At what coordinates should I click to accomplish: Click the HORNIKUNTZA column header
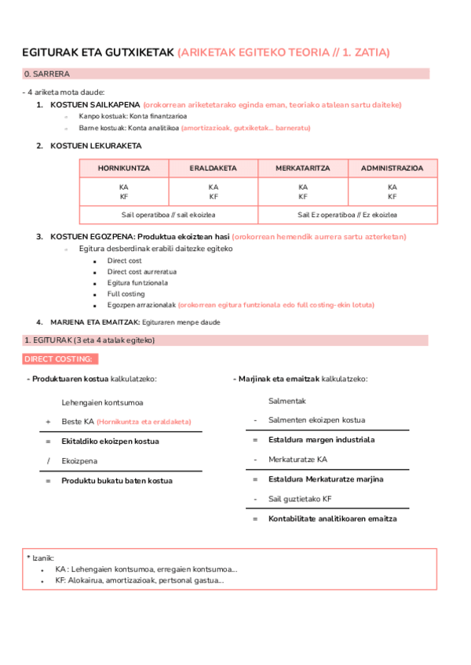point(124,169)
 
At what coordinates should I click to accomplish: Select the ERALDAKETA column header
point(214,169)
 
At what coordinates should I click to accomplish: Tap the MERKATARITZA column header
point(303,169)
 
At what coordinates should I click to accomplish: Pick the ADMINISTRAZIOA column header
point(392,169)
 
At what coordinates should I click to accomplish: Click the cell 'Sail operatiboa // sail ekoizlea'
point(169,215)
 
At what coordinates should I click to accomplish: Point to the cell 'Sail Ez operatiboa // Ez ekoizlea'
point(348,215)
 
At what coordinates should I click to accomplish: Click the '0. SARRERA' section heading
point(47,74)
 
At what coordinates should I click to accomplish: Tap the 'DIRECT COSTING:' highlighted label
point(60,359)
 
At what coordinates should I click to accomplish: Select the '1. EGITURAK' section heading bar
point(90,340)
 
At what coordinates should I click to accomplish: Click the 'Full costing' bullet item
point(126,294)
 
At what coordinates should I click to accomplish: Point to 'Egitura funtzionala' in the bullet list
point(137,283)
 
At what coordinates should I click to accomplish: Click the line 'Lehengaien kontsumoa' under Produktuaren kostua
point(102,402)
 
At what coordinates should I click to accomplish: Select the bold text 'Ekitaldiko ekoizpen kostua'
point(110,442)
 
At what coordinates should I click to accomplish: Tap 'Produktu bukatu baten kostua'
point(117,481)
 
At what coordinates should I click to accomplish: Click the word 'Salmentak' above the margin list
point(287,401)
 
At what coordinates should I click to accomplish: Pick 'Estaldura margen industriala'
point(321,440)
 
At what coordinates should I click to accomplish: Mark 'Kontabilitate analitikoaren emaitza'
point(332,518)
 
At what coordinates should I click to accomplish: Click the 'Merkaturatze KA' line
point(298,460)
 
